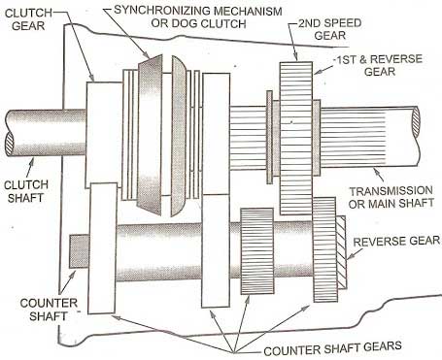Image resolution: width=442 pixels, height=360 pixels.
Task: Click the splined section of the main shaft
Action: click(243, 136)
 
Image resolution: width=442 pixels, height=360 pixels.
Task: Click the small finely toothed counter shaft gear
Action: click(258, 248)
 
